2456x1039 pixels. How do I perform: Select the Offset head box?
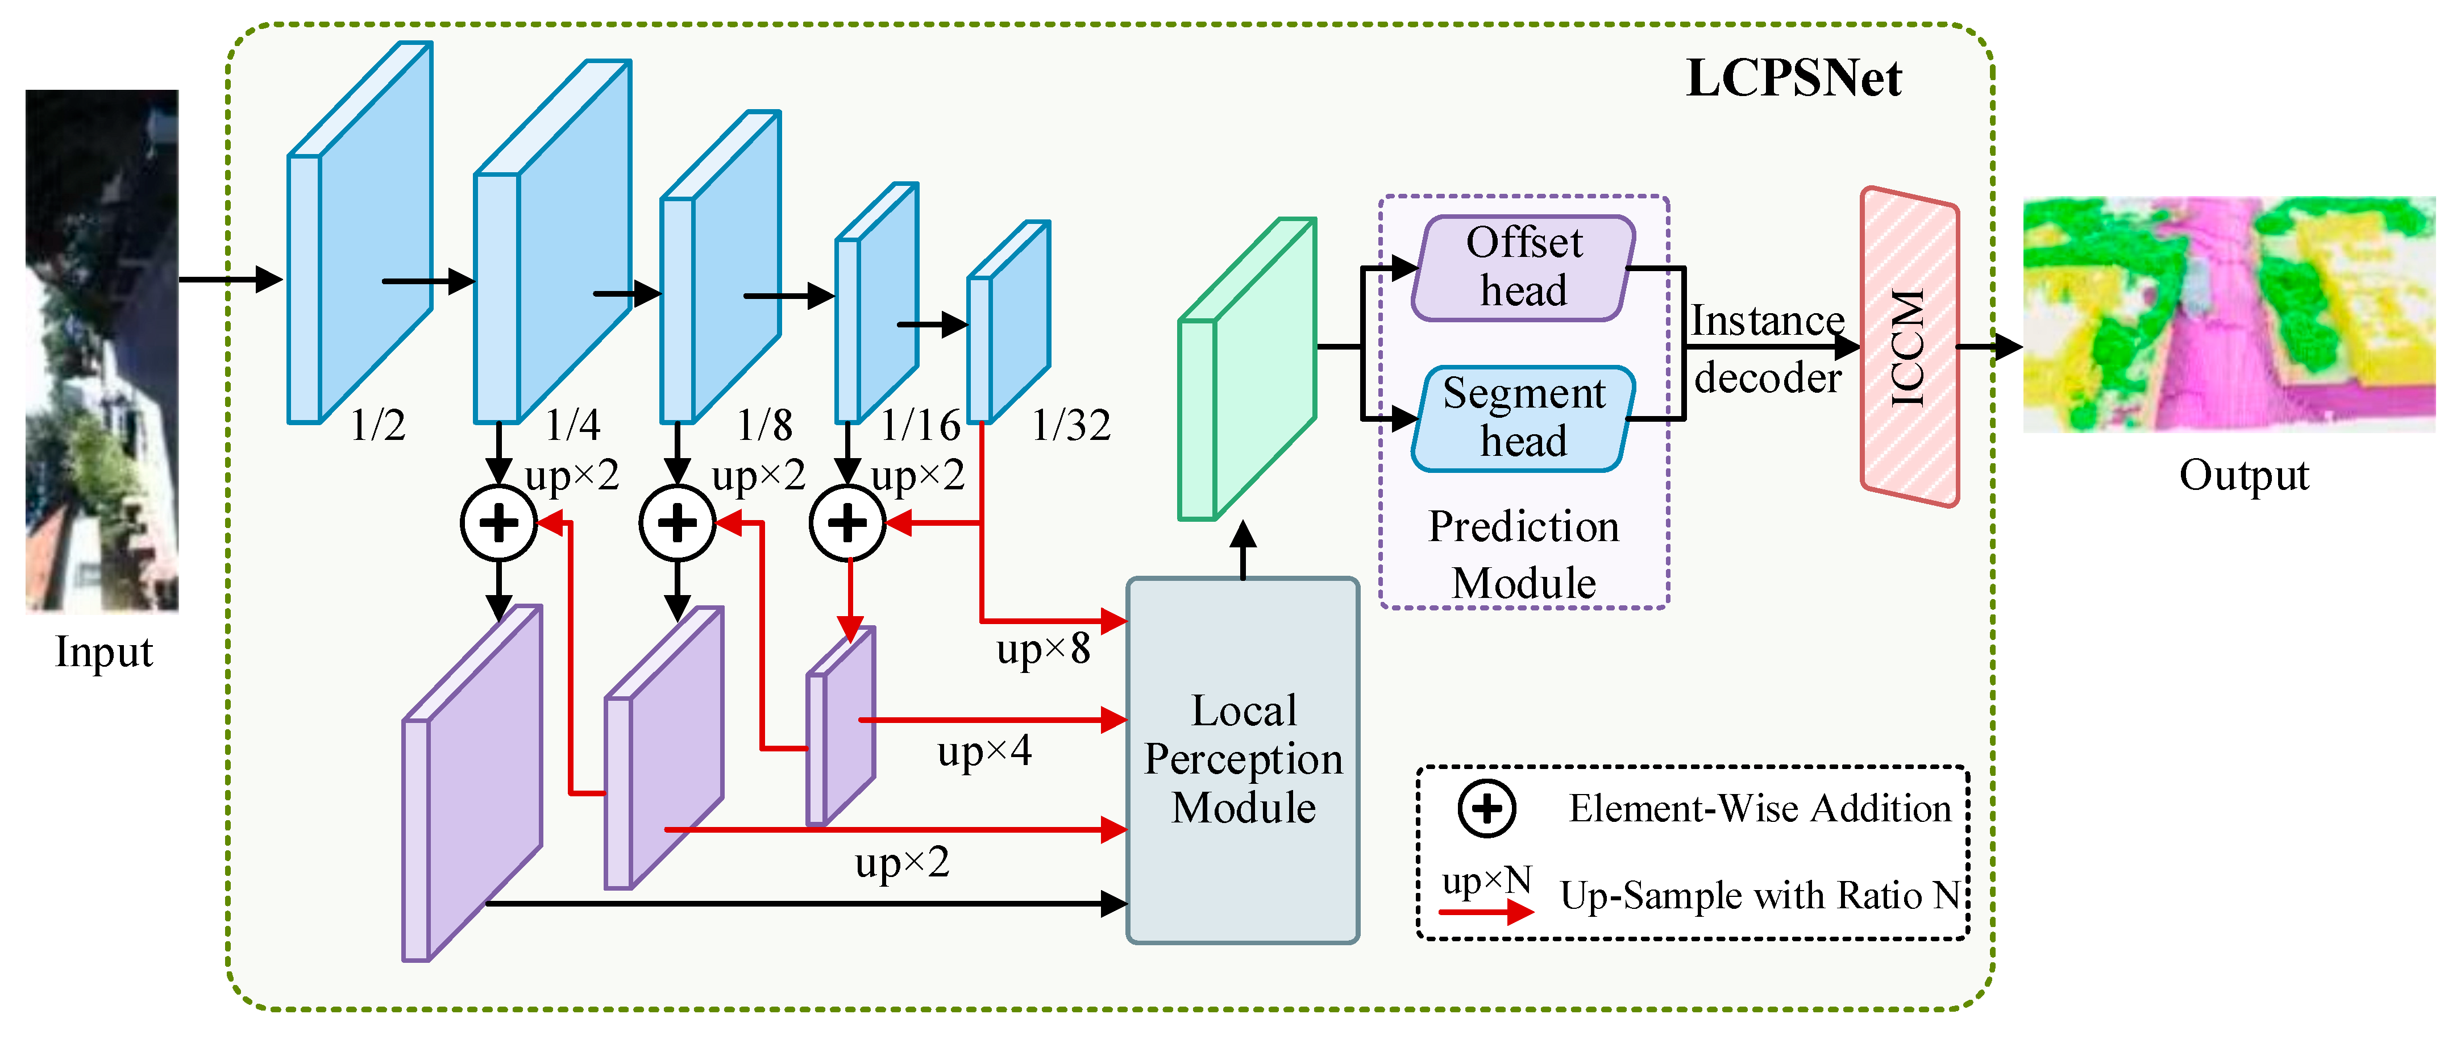(1523, 268)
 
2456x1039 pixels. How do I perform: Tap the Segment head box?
(1523, 418)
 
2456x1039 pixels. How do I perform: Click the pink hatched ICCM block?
(1909, 347)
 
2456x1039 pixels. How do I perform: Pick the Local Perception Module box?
(1242, 760)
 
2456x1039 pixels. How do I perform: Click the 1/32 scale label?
(1071, 425)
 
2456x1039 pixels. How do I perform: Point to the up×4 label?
(984, 752)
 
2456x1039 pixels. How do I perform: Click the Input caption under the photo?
(103, 653)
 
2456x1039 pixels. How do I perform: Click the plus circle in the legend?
(1486, 808)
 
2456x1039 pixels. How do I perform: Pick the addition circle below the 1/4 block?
(498, 522)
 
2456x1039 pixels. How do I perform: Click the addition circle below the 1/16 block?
(847, 522)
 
